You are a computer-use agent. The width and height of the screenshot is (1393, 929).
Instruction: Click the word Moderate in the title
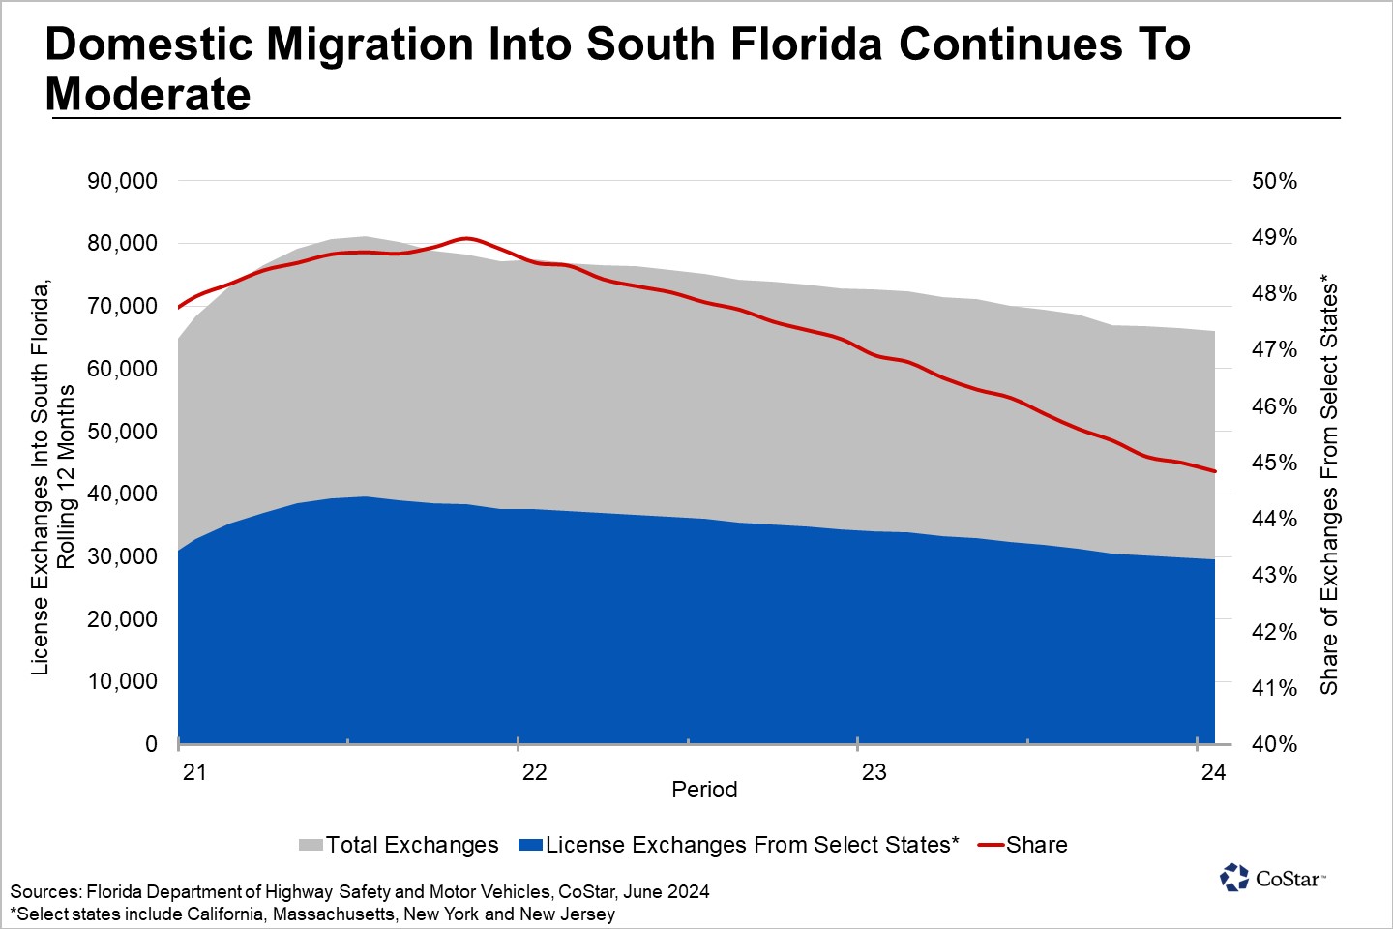point(148,95)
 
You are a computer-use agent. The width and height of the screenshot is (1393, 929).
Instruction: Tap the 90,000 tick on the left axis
point(122,181)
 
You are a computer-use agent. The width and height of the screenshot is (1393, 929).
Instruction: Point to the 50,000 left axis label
point(122,432)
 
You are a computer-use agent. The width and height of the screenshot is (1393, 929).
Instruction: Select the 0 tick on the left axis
point(151,744)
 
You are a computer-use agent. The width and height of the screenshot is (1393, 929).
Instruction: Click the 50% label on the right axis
point(1274,181)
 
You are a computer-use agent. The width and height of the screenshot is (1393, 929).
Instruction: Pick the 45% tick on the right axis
point(1274,463)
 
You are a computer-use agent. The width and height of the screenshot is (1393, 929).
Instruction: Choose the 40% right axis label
point(1274,744)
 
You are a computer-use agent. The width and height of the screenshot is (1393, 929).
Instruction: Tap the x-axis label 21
point(194,772)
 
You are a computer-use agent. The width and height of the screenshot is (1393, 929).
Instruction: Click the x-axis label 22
point(534,772)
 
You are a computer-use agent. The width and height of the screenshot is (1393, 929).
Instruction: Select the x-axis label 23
point(874,772)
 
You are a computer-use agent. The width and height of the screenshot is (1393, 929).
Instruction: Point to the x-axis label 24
point(1213,772)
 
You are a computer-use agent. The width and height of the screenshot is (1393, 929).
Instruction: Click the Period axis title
point(704,790)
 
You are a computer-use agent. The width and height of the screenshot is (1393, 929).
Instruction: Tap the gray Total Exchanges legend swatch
point(310,845)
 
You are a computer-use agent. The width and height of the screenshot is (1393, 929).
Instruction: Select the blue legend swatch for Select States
point(530,845)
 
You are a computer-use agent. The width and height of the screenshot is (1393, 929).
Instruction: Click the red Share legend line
point(991,845)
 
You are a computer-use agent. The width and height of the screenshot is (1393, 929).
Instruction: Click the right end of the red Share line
point(1214,471)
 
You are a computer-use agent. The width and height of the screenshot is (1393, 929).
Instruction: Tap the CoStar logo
point(1272,878)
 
